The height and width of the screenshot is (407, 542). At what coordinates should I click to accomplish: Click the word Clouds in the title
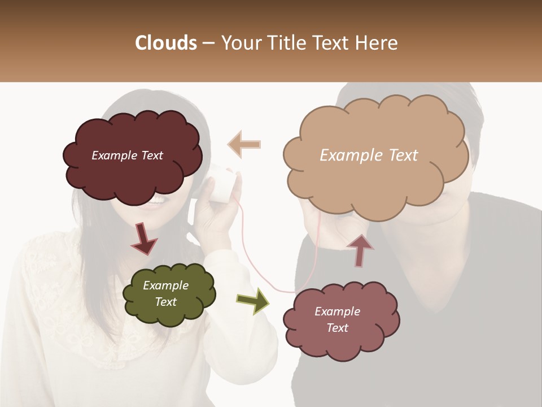point(167,43)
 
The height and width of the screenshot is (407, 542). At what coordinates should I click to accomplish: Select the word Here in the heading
point(377,43)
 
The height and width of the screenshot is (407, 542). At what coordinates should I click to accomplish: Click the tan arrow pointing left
point(244,144)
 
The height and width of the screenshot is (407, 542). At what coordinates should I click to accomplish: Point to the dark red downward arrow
point(143,239)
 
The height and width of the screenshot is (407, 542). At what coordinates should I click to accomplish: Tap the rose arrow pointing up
point(360,249)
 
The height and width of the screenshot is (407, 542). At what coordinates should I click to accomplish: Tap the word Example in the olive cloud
point(165,285)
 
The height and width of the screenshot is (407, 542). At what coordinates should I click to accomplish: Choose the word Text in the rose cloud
point(337,328)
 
